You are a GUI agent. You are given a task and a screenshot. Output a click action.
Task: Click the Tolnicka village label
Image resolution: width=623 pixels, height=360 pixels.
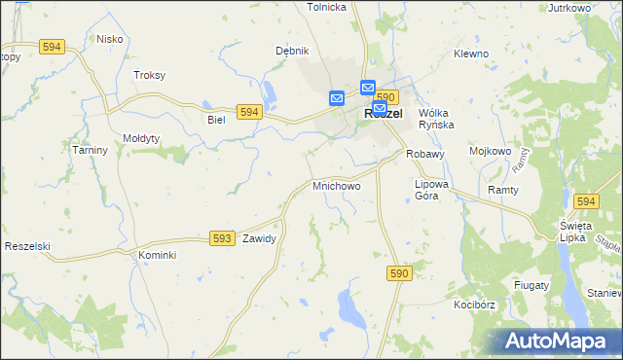[x=327, y=7]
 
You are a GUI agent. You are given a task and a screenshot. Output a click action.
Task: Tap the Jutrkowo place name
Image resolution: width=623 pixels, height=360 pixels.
[x=570, y=8]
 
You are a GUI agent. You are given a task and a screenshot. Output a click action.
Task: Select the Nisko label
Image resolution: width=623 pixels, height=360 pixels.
[x=109, y=39]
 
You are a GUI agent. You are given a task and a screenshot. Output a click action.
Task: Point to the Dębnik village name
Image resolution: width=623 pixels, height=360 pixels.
[x=291, y=51]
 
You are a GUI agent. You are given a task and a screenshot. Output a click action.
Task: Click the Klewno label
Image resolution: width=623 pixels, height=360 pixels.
[x=471, y=54]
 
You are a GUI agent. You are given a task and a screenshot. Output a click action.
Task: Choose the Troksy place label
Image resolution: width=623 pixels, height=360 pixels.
[x=150, y=75]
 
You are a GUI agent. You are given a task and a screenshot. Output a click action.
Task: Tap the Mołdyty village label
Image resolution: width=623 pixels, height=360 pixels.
[x=142, y=138]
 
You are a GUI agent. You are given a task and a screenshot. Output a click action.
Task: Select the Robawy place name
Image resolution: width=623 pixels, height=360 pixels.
[x=425, y=154]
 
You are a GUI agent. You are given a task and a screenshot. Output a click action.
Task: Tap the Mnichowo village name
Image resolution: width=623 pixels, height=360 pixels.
[x=336, y=185]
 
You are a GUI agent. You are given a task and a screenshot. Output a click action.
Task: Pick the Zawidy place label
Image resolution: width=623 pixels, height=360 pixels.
[x=260, y=238]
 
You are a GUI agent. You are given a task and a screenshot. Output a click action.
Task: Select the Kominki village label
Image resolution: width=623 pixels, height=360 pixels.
[x=157, y=255]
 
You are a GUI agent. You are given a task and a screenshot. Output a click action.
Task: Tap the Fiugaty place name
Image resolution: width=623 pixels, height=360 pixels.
[x=531, y=285]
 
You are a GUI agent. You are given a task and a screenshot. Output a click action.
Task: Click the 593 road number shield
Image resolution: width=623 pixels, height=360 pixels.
[x=222, y=237]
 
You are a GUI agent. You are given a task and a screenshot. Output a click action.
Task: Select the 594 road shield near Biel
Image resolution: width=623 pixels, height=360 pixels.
[x=249, y=113]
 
